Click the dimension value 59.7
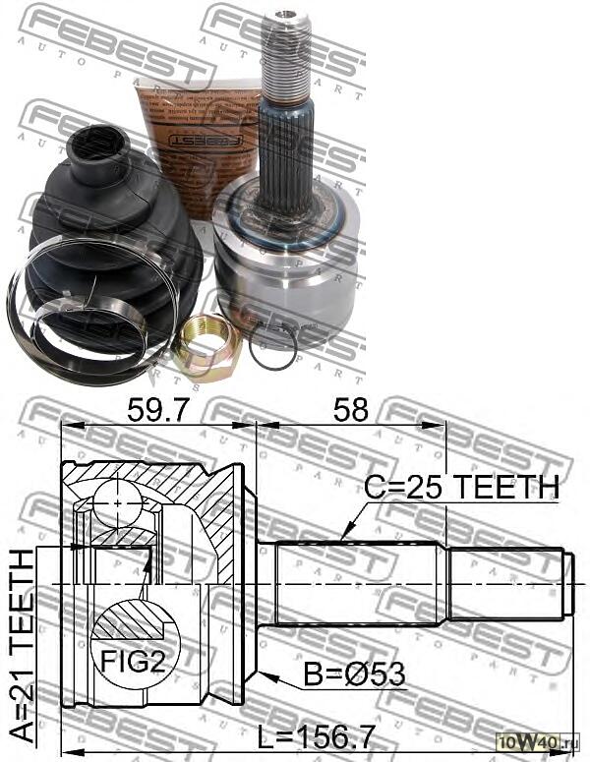[155, 411]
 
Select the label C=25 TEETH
[462, 486]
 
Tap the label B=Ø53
[354, 674]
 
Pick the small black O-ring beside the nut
[272, 345]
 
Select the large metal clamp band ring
[74, 315]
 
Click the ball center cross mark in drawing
[118, 502]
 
